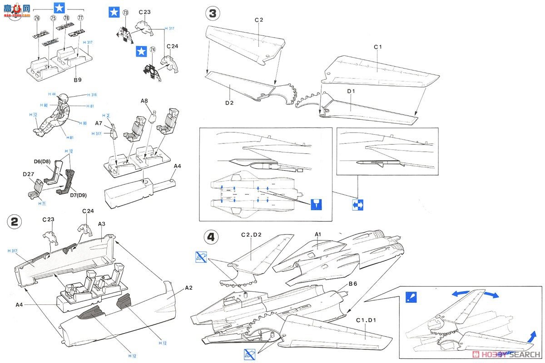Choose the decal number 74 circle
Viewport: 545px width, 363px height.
[153, 49]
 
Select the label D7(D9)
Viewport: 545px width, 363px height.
[79, 195]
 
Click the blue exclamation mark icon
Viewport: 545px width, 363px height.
[412, 298]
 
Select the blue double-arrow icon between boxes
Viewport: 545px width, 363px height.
[358, 205]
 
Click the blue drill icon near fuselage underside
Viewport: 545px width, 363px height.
[317, 204]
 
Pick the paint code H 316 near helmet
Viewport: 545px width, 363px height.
[91, 95]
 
